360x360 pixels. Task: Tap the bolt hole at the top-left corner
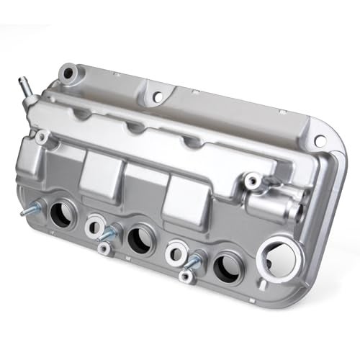(68, 72)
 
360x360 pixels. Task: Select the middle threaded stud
(109, 233)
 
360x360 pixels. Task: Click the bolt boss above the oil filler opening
(251, 179)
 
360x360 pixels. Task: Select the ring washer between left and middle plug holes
(94, 225)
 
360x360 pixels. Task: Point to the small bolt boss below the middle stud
(105, 248)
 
